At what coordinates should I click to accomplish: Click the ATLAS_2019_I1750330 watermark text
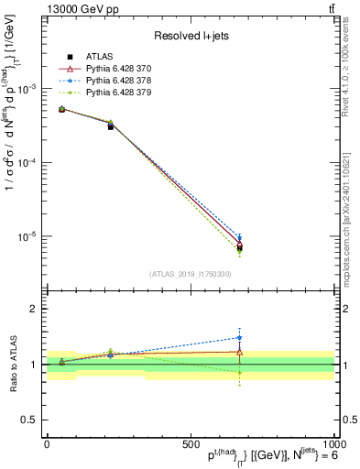[190, 273]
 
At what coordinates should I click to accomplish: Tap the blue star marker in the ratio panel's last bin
[239, 337]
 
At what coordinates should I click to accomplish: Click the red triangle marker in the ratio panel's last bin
[239, 351]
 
